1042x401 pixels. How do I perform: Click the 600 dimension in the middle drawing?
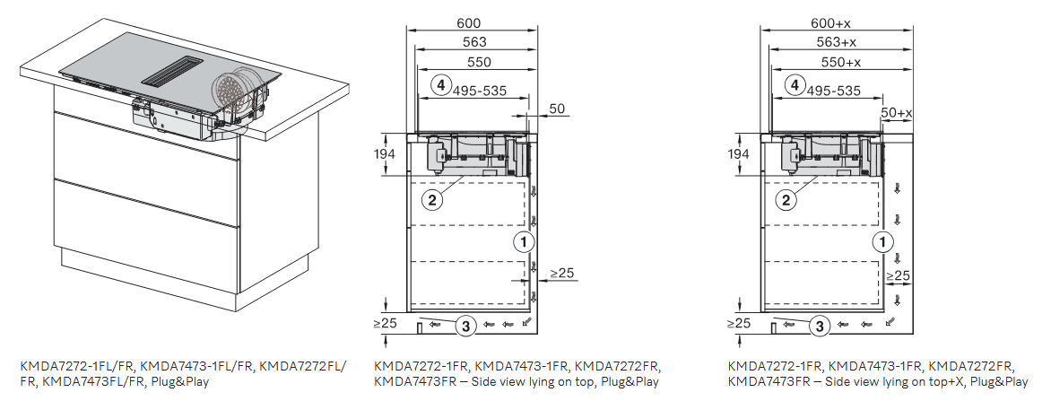(x=468, y=23)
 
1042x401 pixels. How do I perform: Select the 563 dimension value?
(x=474, y=42)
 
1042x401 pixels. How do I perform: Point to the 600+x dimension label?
(x=830, y=23)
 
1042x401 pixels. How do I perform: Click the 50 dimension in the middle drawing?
(x=558, y=109)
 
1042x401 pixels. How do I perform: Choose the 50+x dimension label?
(x=897, y=113)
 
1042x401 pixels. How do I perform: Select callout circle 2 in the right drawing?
(x=786, y=200)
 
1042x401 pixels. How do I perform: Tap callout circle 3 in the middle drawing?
(x=465, y=326)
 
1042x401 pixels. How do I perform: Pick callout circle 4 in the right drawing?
(x=793, y=85)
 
